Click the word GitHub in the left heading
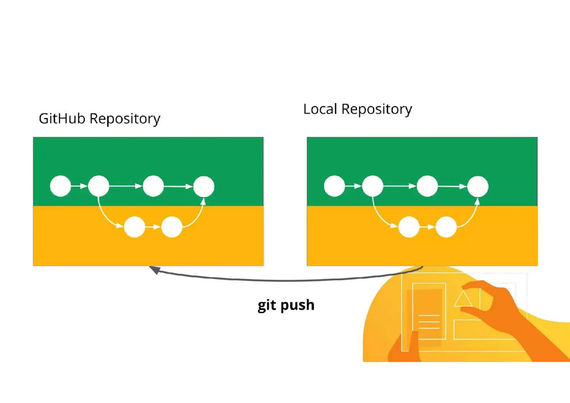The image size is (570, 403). tap(62, 119)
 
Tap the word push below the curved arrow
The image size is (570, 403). tap(297, 305)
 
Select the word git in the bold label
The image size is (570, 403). tap(267, 305)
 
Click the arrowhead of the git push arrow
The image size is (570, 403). tap(154, 270)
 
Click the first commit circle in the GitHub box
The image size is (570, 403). tap(60, 186)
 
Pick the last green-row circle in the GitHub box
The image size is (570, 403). tap(204, 186)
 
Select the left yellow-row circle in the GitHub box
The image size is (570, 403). tap(134, 227)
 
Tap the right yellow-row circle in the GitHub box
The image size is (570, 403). tap(172, 227)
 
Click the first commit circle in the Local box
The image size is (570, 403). tap(335, 186)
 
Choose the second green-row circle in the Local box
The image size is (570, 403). tap(373, 186)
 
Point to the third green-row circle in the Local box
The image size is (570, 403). tap(427, 186)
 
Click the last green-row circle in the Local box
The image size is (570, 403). tap(478, 186)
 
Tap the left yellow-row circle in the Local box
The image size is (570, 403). tap(409, 227)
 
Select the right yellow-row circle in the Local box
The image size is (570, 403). tap(446, 227)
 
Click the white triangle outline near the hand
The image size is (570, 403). tap(463, 299)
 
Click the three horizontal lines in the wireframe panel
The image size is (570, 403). tap(429, 322)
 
